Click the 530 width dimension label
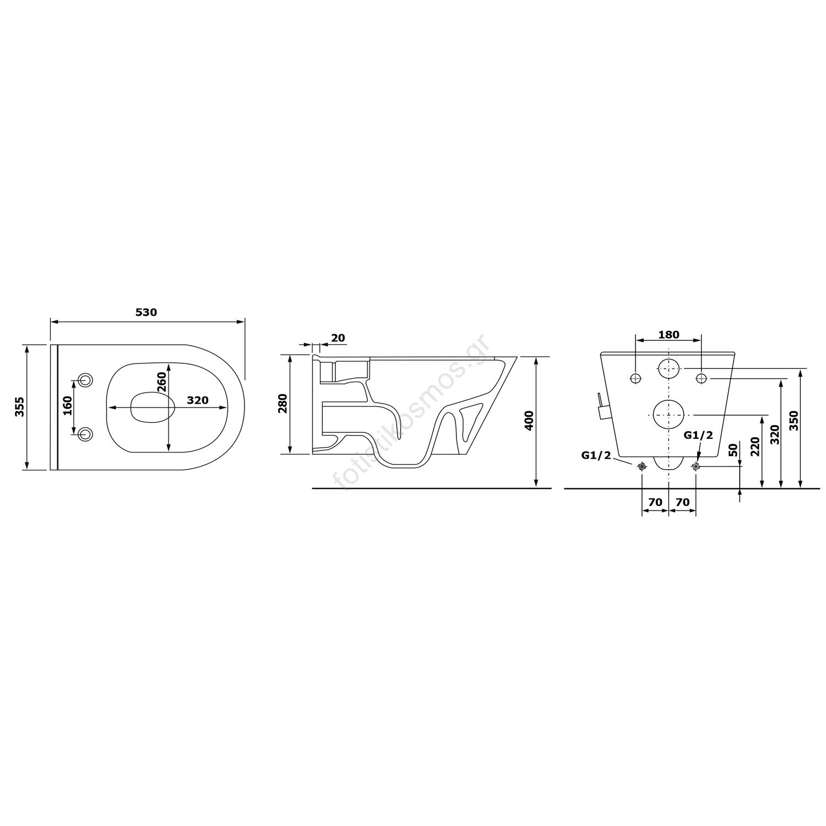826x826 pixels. pyautogui.click(x=146, y=312)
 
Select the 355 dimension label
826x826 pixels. pyautogui.click(x=20, y=407)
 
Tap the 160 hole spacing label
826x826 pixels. pyautogui.click(x=67, y=406)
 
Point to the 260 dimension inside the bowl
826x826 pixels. pyautogui.click(x=161, y=383)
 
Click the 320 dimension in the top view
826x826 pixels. pyautogui.click(x=198, y=400)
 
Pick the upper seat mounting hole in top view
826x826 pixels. pyautogui.click(x=85, y=379)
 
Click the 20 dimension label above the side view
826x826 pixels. pyautogui.click(x=338, y=338)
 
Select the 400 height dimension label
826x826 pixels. pyautogui.click(x=529, y=421)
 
